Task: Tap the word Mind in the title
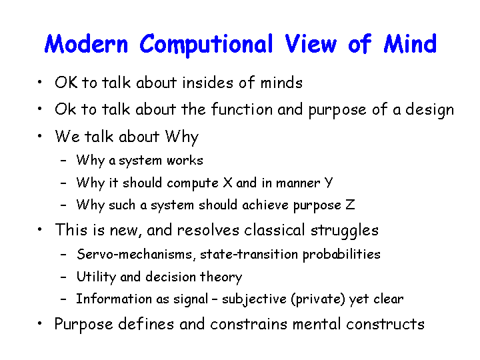410,44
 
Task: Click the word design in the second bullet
429,110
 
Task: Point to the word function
242,109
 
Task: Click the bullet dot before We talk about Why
39,136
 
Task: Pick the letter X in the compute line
227,183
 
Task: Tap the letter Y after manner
328,183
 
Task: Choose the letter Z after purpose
350,205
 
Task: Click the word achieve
265,205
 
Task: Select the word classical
274,230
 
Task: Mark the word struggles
345,231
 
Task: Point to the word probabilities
341,255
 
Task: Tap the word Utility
96,277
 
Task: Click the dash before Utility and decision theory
63,277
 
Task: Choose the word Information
114,299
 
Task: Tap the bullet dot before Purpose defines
39,323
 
